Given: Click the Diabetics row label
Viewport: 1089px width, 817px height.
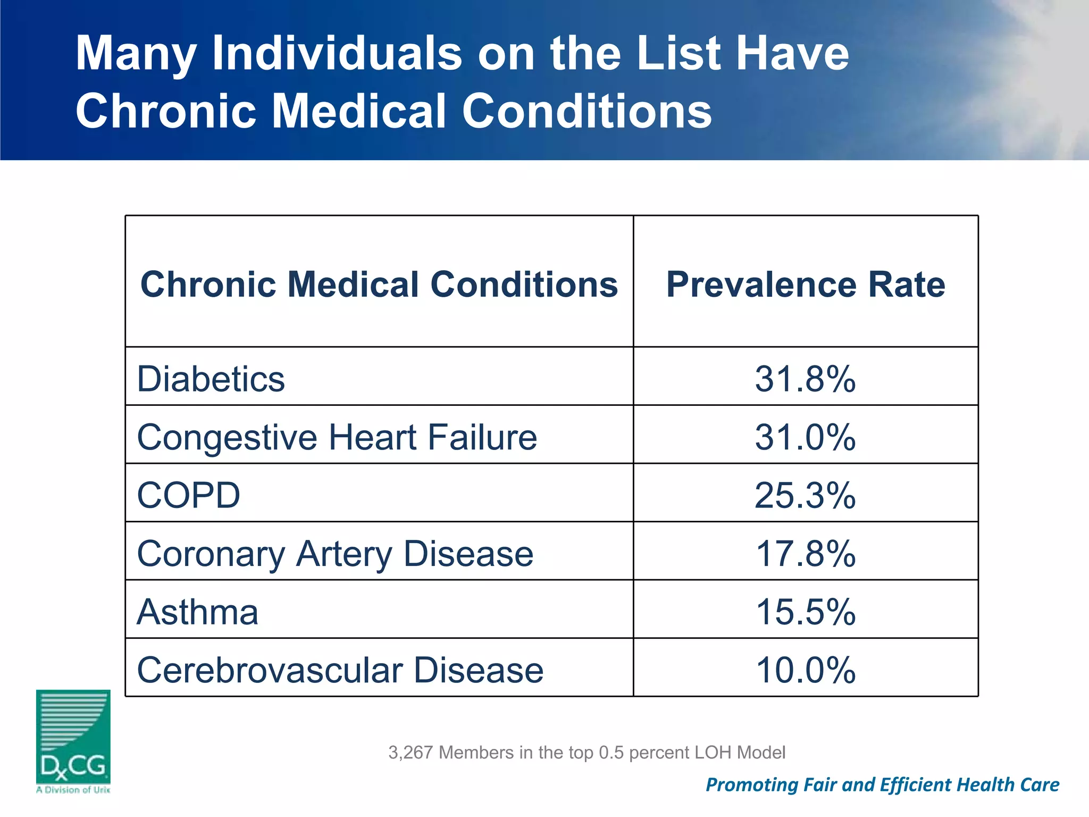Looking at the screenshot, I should [x=211, y=379].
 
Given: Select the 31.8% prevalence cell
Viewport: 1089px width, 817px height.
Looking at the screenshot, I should [x=805, y=379].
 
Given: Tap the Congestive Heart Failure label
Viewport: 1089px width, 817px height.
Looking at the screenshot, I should [x=337, y=437].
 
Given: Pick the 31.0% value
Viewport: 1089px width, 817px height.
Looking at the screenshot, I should [x=805, y=437].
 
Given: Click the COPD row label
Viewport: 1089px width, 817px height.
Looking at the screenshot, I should [x=188, y=495].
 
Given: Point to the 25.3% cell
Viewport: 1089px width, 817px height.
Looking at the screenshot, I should [x=805, y=495].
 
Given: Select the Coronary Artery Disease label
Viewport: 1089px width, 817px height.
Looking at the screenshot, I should [x=335, y=554].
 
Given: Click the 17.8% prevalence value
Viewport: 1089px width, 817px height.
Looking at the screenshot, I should [x=805, y=554].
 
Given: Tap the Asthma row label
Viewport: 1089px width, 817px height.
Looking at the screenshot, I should [x=197, y=612].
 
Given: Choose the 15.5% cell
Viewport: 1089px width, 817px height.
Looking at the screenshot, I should [x=805, y=612].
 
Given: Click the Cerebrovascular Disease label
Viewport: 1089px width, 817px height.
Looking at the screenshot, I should [x=340, y=670].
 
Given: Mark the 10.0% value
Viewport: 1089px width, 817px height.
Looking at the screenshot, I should [x=805, y=670].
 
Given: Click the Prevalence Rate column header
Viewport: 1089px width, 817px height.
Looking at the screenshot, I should [x=805, y=285].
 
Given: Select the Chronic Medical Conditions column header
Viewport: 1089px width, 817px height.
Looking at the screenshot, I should [x=379, y=285].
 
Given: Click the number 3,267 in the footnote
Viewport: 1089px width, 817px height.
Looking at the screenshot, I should [x=411, y=753].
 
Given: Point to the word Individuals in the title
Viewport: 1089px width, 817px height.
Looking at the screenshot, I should [x=337, y=53].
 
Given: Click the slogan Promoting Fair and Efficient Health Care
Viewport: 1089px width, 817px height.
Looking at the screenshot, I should [x=882, y=785].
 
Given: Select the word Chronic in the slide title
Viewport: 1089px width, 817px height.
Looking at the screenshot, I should [x=165, y=111].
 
